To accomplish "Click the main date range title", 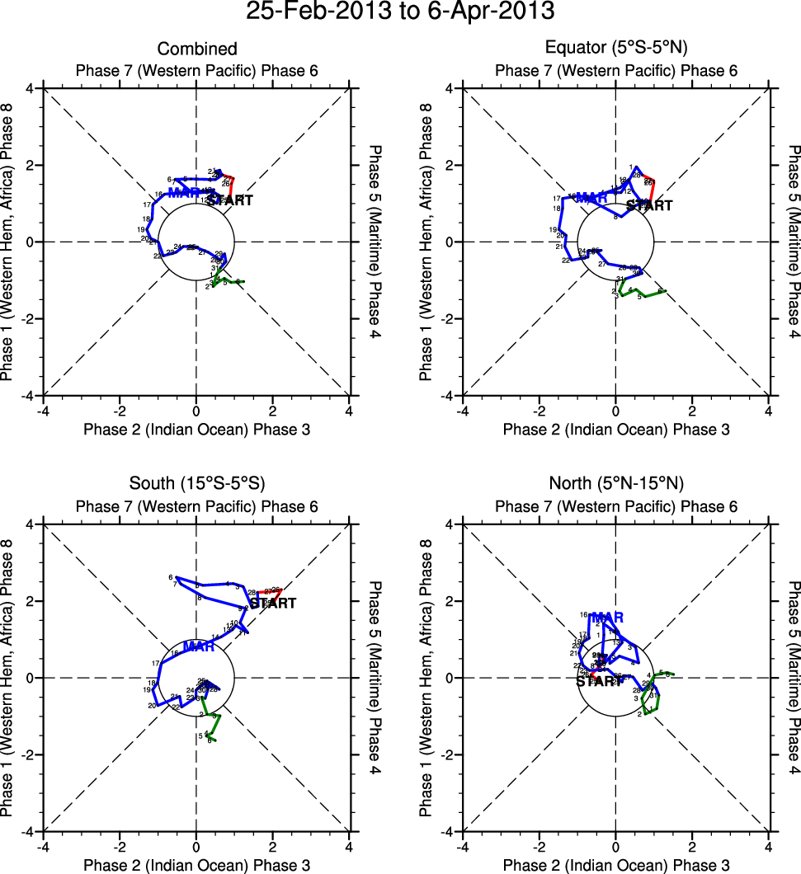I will point(400,12).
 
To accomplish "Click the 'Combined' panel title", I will point(197,49).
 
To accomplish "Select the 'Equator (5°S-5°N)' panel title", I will point(616,49).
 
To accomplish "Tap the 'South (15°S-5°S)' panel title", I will point(197,483).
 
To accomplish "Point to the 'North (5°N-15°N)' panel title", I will point(616,483).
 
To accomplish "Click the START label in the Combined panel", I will point(229,200).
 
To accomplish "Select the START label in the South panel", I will point(273,604).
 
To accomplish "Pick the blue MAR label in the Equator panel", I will point(591,198).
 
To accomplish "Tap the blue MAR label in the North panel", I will point(608,618).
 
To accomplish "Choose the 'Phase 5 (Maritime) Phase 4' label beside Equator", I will point(794,242).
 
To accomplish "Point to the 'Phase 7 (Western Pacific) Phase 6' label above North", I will point(616,506).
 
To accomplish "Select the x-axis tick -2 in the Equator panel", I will point(539,411).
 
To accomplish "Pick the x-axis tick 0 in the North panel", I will point(615,847).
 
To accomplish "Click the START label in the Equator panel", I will point(649,205).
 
